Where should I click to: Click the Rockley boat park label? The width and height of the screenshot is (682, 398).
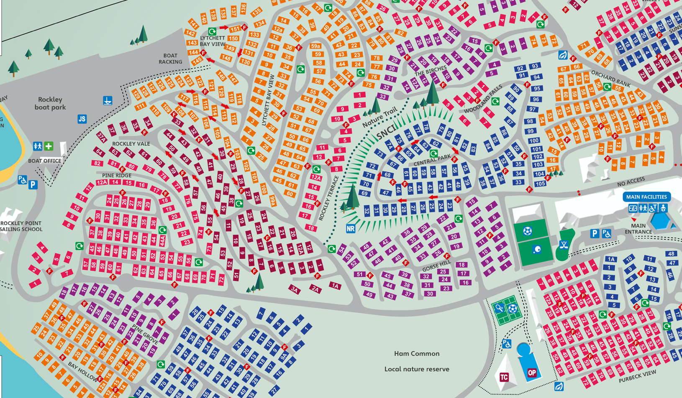(50, 103)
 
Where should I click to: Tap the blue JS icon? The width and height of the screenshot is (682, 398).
(82, 119)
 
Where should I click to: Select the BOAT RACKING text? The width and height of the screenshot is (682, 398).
(170, 59)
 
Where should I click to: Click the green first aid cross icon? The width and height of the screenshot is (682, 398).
(49, 146)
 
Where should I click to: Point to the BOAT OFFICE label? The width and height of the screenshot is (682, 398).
(45, 161)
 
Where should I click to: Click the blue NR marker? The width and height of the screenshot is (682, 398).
(351, 229)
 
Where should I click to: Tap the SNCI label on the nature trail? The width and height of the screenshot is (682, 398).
(385, 133)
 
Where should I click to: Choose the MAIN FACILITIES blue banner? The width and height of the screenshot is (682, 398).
(646, 196)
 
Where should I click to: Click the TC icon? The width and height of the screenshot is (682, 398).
(504, 378)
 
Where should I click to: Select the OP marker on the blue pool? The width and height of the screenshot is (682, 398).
(532, 373)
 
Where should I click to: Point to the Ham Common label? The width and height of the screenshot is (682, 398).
(417, 354)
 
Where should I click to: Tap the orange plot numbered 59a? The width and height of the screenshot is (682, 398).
(315, 46)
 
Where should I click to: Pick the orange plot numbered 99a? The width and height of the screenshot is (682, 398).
(272, 201)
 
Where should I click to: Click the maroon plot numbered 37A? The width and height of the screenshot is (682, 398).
(101, 137)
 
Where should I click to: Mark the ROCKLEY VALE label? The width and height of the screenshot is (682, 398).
(131, 144)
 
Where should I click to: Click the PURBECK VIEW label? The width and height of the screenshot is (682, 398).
(637, 377)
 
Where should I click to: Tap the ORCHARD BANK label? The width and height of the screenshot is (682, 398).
(611, 78)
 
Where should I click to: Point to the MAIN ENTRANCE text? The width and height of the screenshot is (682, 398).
(638, 229)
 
